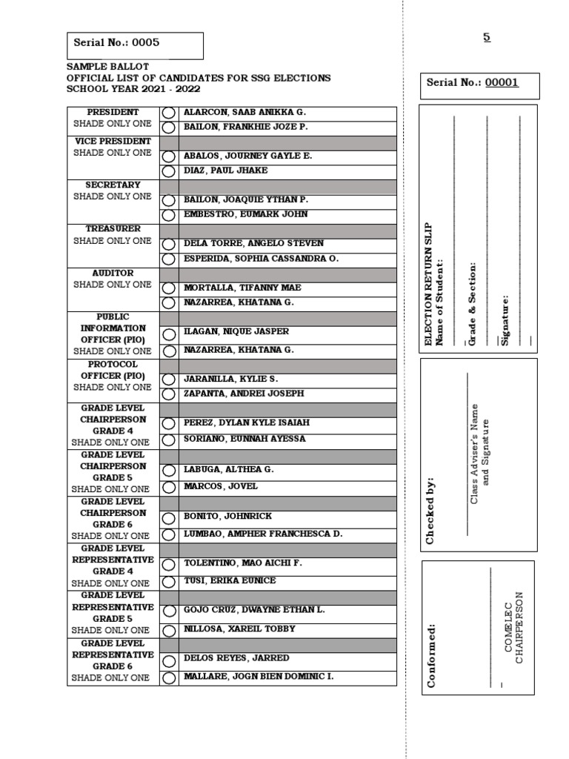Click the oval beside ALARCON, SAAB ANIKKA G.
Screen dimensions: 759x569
pos(169,113)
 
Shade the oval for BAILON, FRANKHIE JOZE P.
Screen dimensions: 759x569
pos(169,127)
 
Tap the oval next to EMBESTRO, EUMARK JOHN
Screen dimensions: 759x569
pos(169,215)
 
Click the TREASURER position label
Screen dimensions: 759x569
pos(113,229)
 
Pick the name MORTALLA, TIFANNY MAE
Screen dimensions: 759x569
pos(242,288)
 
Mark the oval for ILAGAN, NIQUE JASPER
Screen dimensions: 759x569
pos(169,334)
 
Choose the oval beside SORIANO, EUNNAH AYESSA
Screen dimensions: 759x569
pos(169,440)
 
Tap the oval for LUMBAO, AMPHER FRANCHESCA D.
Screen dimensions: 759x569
pos(169,534)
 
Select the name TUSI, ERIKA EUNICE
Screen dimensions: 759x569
pos(230,580)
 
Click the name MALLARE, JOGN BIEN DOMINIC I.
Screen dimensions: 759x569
pos(259,677)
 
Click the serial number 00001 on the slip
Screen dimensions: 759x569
pos(502,83)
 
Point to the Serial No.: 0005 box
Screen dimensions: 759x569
pos(135,44)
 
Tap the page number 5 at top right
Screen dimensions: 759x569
pos(487,37)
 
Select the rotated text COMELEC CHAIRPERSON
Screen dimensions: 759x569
pos(513,627)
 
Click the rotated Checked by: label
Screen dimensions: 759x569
pos(430,511)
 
